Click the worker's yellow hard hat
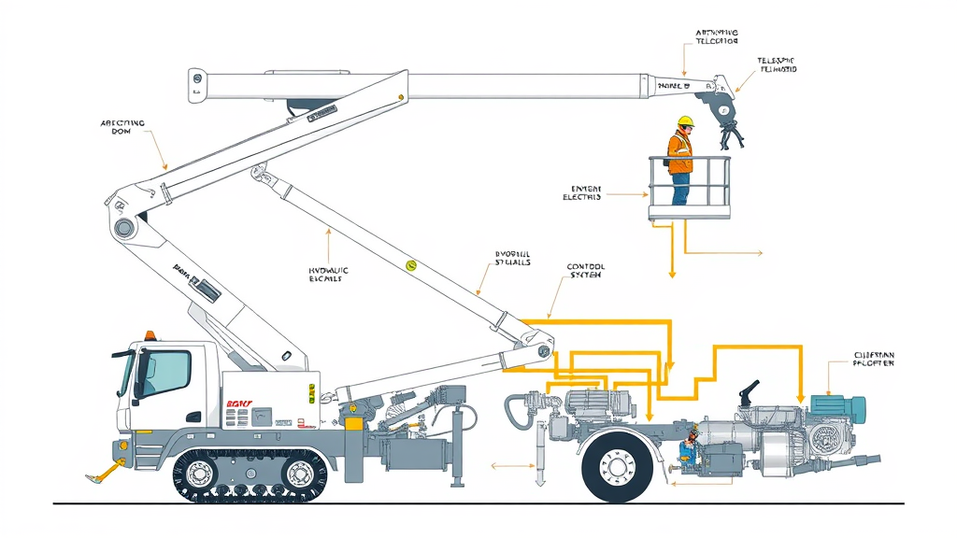(x=685, y=120)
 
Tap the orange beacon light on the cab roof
(x=150, y=335)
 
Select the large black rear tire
(x=617, y=464)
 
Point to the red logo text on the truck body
(x=240, y=396)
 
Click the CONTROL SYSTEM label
(x=585, y=272)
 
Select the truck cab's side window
(x=164, y=373)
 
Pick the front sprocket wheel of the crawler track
(x=202, y=474)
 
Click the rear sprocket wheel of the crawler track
(x=298, y=474)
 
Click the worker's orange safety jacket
(x=680, y=151)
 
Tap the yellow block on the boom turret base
(x=354, y=423)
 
